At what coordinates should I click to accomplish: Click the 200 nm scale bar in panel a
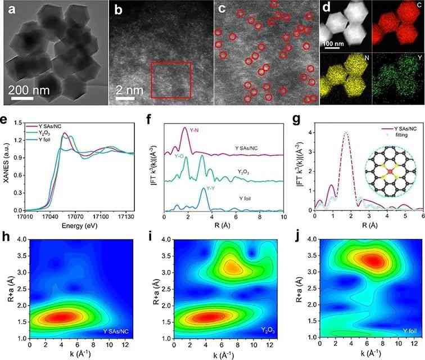tap(22, 98)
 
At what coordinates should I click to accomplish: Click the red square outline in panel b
tap(151, 80)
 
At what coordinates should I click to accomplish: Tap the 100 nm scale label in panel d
tap(334, 44)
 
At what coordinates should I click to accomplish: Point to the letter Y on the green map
tap(420, 57)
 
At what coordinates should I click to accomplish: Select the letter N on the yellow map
tap(367, 57)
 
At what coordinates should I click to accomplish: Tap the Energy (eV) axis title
tap(79, 226)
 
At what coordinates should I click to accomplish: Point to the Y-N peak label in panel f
tap(194, 130)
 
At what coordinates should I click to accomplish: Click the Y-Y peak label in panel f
tap(210, 188)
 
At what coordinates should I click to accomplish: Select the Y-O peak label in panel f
tap(179, 156)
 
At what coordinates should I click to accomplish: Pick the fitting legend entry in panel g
tap(401, 135)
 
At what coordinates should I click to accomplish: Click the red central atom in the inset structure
tap(390, 172)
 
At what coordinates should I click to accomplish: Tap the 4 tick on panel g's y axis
tap(309, 133)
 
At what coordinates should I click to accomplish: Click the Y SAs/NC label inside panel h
tap(116, 331)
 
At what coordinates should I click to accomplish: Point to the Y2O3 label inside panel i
tap(268, 330)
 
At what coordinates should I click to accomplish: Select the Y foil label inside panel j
tap(409, 331)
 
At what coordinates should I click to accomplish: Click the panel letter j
tap(299, 237)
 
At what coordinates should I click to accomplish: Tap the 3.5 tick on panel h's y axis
tap(22, 256)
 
